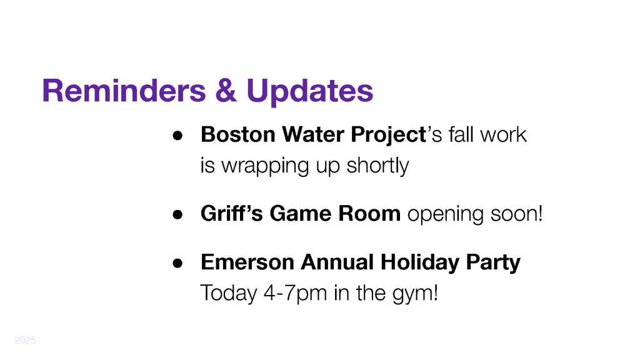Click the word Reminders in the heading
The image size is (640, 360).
[124, 90]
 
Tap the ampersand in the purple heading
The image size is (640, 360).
[226, 90]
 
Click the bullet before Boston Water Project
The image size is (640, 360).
[177, 136]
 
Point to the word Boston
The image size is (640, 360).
[238, 134]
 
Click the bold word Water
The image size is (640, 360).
[313, 134]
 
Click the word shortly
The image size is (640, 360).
[377, 166]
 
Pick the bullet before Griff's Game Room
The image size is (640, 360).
[177, 215]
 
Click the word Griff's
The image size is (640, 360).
[232, 213]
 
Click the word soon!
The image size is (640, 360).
[516, 214]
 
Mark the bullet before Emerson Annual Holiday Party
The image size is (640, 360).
[177, 263]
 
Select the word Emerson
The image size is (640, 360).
[247, 262]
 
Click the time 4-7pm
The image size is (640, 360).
[295, 293]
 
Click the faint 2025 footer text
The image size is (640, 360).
[25, 341]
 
